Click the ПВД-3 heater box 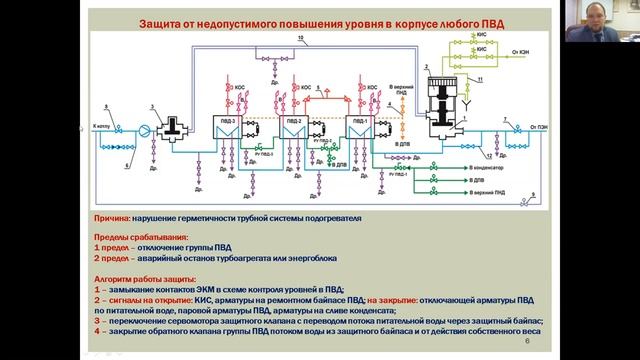(221, 130)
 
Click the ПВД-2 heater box (293, 130)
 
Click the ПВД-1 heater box (361, 130)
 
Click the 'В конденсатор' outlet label (487, 170)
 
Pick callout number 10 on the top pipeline (301, 38)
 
